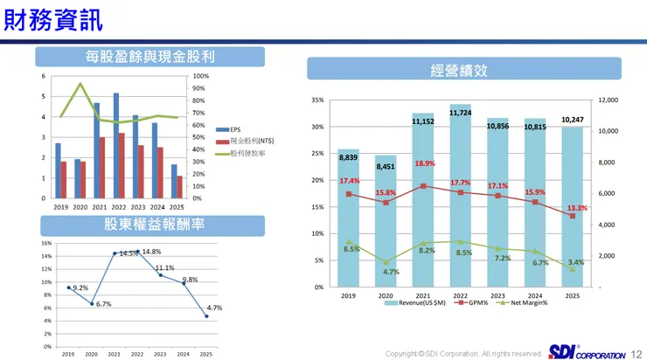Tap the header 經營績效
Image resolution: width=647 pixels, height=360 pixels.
click(x=463, y=69)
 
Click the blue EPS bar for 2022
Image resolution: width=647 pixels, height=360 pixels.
click(x=116, y=145)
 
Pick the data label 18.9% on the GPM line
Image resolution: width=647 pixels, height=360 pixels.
click(x=424, y=163)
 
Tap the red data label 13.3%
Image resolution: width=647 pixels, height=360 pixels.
click(x=576, y=208)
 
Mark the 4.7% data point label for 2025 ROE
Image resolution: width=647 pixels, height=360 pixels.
click(x=214, y=308)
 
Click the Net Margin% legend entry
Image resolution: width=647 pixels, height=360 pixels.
click(x=526, y=302)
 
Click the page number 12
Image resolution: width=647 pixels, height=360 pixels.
click(x=636, y=353)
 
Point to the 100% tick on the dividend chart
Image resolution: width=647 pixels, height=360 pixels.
click(x=199, y=76)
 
